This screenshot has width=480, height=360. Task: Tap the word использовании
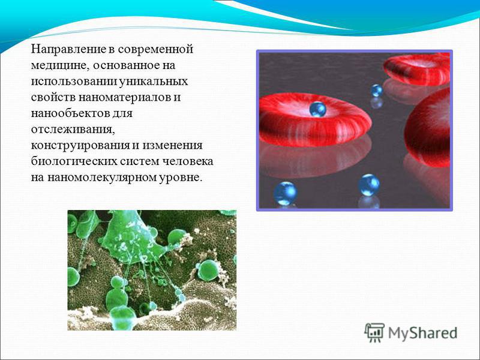coord(73,82)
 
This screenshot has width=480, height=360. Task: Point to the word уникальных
coord(153,82)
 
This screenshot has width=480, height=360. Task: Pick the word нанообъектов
coord(70,113)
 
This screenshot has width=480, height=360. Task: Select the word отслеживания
coord(73,130)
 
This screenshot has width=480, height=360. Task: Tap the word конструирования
coord(80,145)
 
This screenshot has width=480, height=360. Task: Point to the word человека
coord(187,161)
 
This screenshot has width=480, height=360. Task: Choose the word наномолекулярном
coord(101,178)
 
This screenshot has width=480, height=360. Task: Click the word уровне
coord(181,178)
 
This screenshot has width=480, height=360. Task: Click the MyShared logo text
coord(423,333)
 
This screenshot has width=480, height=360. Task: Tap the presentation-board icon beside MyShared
coord(374,332)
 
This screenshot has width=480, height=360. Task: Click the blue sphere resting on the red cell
coord(317,109)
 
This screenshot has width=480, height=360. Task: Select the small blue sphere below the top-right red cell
coord(377,91)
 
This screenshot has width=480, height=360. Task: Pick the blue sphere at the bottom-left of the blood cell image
coord(285,193)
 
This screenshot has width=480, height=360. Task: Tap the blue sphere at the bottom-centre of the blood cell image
coord(369,185)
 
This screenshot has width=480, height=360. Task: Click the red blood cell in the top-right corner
coord(416,70)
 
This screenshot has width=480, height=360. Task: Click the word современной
coord(155,50)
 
